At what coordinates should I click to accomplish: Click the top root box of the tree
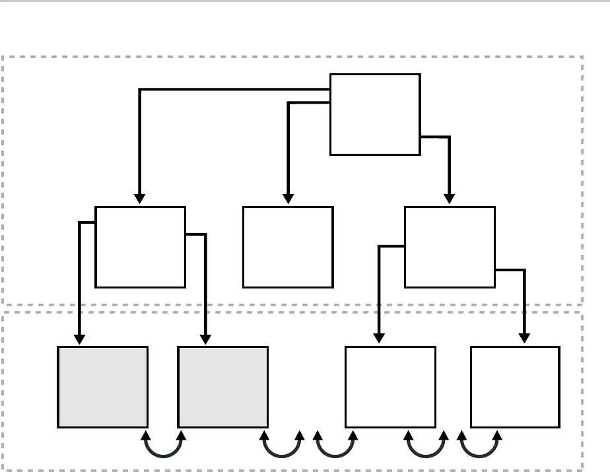(x=375, y=114)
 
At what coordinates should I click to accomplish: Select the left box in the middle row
(x=140, y=247)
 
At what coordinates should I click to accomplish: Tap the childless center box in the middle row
(x=288, y=247)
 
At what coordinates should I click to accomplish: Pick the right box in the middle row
(x=449, y=247)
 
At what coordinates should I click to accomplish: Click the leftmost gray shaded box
(x=102, y=387)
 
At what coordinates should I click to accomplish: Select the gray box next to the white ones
(x=223, y=387)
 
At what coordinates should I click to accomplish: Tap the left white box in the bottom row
(x=391, y=387)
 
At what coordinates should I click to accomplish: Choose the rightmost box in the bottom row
(x=515, y=387)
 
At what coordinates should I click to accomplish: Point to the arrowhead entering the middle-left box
(x=139, y=199)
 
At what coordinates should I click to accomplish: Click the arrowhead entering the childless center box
(x=288, y=199)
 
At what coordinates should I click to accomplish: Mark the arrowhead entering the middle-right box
(x=450, y=199)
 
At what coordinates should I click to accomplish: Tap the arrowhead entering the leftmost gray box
(x=79, y=339)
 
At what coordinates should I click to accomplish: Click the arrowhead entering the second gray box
(x=206, y=339)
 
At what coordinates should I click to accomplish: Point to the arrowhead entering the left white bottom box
(x=380, y=339)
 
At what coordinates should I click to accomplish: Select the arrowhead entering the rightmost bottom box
(x=525, y=339)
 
